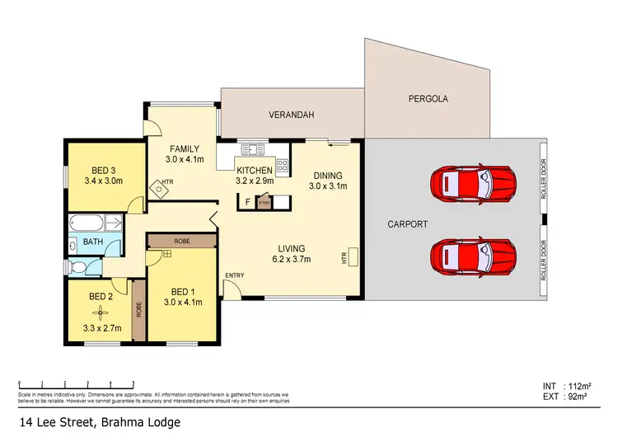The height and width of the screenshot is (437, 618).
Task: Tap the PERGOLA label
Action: [428, 99]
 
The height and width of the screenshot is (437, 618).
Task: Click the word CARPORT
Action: [407, 223]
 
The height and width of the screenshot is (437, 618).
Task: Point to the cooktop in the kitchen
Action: [282, 165]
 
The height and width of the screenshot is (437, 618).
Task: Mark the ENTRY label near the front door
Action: [234, 275]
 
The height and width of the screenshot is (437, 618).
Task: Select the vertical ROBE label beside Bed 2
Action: [138, 309]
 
